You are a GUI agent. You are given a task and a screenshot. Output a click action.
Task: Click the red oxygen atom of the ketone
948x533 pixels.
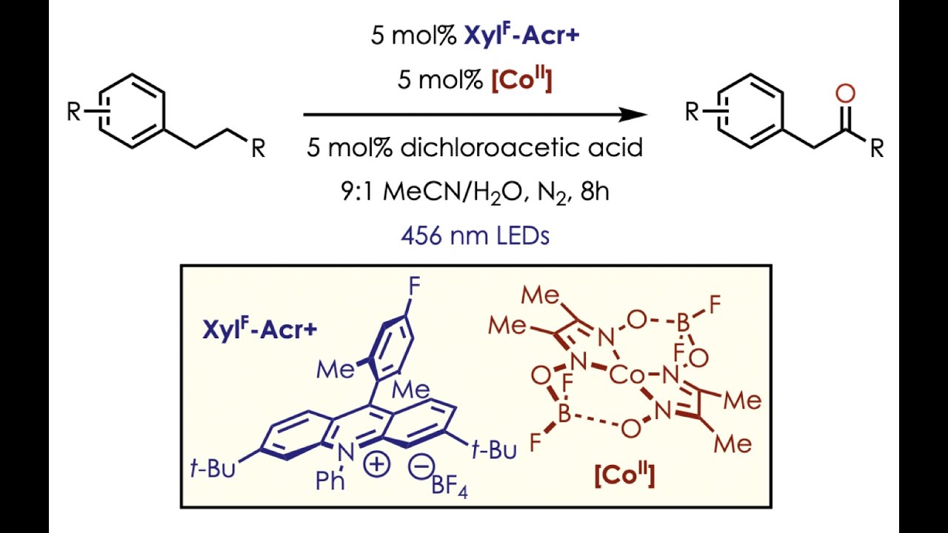[x=846, y=94]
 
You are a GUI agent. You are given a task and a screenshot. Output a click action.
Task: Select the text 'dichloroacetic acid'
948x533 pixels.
[x=521, y=148]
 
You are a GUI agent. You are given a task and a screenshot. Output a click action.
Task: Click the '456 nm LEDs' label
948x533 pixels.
[x=475, y=235]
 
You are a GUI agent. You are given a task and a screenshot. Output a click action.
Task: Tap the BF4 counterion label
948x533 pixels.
[x=450, y=487]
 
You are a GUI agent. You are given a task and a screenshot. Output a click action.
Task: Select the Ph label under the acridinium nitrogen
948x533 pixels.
[x=330, y=480]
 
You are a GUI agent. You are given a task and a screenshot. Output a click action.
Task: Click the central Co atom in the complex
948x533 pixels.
[x=627, y=375]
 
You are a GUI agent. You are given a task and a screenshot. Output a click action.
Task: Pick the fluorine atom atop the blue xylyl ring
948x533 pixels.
[x=413, y=288]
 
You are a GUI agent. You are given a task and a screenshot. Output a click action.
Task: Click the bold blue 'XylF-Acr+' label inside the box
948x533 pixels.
[x=260, y=329]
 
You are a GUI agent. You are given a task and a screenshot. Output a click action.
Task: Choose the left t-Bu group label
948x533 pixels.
[x=213, y=469]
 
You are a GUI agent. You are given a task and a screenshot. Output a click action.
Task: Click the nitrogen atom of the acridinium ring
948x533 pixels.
[x=347, y=454]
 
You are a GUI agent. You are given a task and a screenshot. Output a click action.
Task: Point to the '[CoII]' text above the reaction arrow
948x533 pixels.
[x=522, y=80]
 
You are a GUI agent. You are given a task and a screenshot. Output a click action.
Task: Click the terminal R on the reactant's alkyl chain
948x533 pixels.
[x=258, y=149]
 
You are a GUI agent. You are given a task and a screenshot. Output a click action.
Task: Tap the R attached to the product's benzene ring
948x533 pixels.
[x=692, y=112]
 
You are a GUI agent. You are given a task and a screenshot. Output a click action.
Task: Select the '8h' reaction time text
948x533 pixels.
[x=595, y=192]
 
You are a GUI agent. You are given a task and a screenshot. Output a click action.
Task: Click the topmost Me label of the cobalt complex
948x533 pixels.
[x=541, y=295]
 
